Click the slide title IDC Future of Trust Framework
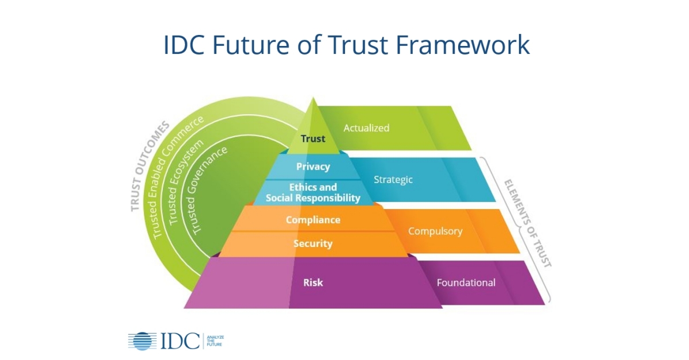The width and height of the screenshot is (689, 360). click(x=346, y=45)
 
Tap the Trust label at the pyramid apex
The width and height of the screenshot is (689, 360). click(x=313, y=138)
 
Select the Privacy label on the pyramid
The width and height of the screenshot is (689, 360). click(x=313, y=167)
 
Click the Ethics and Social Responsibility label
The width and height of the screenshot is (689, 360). click(x=313, y=192)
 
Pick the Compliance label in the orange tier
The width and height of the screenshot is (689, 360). click(x=313, y=220)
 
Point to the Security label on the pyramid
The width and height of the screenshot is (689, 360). click(x=313, y=243)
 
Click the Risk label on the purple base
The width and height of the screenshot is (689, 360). click(x=313, y=282)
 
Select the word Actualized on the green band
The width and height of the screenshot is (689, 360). click(x=366, y=128)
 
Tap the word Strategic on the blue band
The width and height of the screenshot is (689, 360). click(x=393, y=180)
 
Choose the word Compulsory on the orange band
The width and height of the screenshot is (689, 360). click(x=435, y=231)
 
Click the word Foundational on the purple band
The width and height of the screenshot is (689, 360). click(x=466, y=282)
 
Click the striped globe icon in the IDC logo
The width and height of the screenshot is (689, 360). click(x=139, y=340)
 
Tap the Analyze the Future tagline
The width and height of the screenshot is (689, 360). click(x=214, y=340)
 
